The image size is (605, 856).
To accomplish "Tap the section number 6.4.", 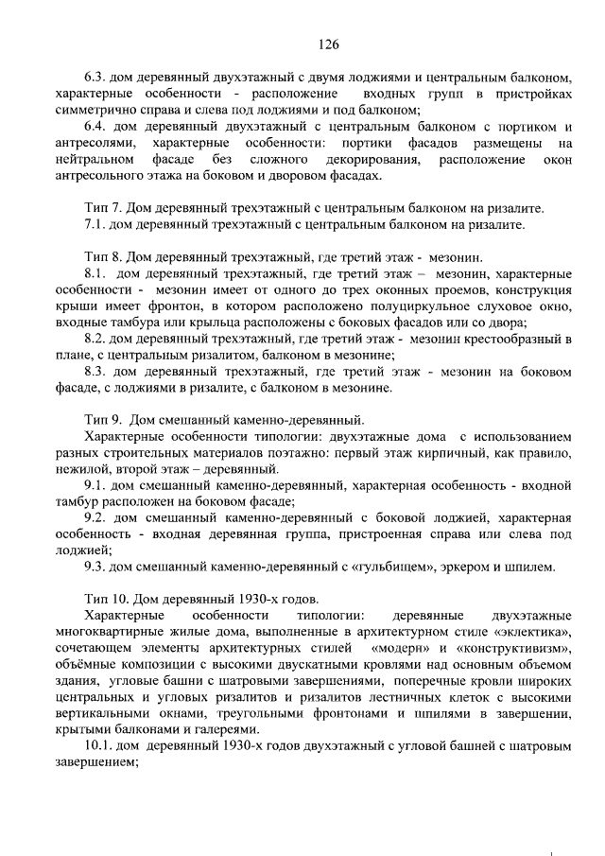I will click(x=95, y=127).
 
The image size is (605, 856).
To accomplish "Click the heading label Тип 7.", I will click(x=99, y=208).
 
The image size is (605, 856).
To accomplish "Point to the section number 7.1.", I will click(x=95, y=224).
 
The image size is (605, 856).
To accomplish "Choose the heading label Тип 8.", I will click(x=99, y=256).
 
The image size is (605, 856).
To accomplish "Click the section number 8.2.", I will click(x=95, y=338).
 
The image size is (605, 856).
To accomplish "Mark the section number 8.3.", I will click(x=95, y=371).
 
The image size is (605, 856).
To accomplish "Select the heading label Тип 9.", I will click(x=99, y=419).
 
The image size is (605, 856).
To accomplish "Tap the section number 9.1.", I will click(x=95, y=485).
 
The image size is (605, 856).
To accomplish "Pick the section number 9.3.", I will click(x=95, y=567).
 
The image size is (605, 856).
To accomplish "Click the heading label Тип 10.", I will click(x=103, y=599).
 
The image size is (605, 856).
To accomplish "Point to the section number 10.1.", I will click(x=98, y=746).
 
